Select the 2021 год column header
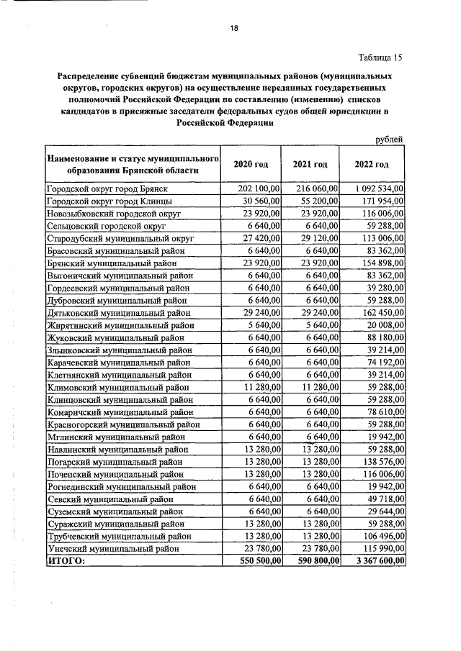tap(310, 165)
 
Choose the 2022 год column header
tap(373, 165)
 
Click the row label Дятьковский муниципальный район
tap(120, 313)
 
